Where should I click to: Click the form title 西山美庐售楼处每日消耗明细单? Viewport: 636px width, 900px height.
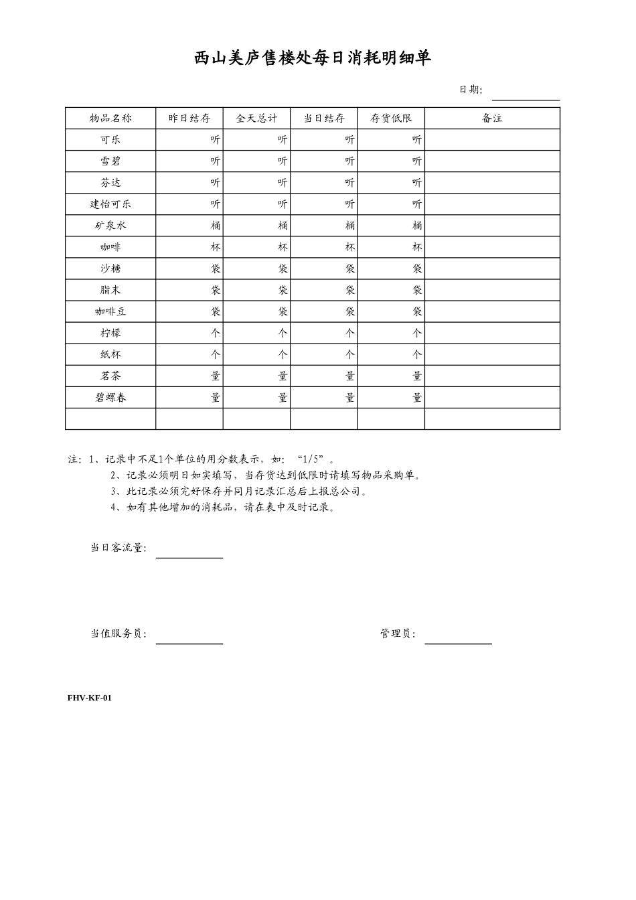click(x=313, y=59)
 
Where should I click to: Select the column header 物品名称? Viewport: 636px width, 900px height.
click(x=110, y=119)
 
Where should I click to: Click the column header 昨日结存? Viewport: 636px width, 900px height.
click(x=189, y=119)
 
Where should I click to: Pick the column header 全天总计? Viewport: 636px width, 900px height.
click(x=256, y=119)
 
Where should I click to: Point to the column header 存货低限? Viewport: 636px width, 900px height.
click(x=391, y=119)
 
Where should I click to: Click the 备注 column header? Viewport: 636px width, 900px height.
click(x=492, y=119)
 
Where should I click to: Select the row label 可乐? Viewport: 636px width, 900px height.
click(x=110, y=140)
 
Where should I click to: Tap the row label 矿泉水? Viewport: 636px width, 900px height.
click(x=110, y=226)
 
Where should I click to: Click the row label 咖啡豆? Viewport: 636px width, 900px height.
click(x=110, y=311)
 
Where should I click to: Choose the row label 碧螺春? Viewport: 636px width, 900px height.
click(x=110, y=397)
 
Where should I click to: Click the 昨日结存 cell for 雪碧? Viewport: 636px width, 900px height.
click(x=189, y=161)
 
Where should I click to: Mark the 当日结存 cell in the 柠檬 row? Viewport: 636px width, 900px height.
click(x=324, y=333)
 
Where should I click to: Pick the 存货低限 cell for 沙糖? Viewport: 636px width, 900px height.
click(x=391, y=269)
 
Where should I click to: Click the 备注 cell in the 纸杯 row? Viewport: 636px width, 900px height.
click(x=492, y=354)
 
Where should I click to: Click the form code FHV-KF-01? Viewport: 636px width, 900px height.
click(x=90, y=698)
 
